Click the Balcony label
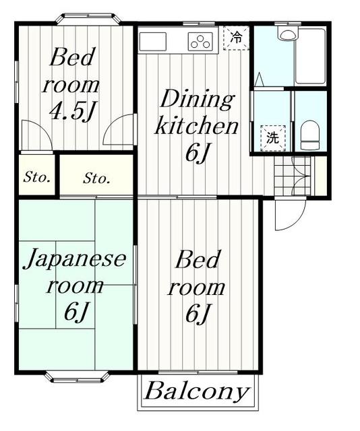click(197, 391)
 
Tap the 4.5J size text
click(73, 111)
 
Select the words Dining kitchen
click(196, 112)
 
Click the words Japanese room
click(75, 271)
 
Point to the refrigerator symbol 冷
click(236, 38)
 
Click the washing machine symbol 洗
click(273, 137)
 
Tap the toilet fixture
click(310, 135)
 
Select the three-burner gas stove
click(201, 41)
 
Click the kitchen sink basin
click(153, 42)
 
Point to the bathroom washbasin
click(287, 33)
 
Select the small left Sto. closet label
click(37, 177)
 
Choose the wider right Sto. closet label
click(96, 178)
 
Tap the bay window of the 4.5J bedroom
click(88, 20)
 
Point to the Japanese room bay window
click(77, 377)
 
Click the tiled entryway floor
click(293, 176)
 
